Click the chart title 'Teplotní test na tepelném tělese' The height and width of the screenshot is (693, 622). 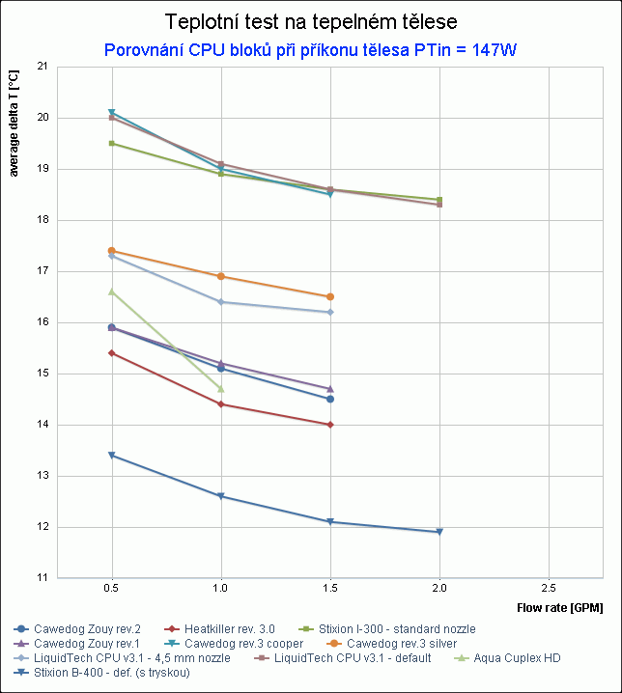click(x=310, y=22)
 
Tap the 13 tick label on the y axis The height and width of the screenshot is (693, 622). click(x=42, y=476)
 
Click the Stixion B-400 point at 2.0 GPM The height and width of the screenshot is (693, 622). click(x=439, y=532)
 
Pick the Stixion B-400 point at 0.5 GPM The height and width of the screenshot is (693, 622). click(x=112, y=455)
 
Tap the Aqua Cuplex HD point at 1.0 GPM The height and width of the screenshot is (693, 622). click(x=221, y=389)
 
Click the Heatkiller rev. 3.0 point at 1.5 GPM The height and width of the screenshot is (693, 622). click(x=330, y=425)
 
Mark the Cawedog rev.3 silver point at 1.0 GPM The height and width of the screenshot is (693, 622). click(x=221, y=276)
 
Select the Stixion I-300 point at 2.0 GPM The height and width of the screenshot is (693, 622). click(x=439, y=200)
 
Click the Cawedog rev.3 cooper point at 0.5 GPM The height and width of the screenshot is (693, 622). click(x=112, y=113)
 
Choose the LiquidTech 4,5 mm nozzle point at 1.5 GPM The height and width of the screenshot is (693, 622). click(x=330, y=312)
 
